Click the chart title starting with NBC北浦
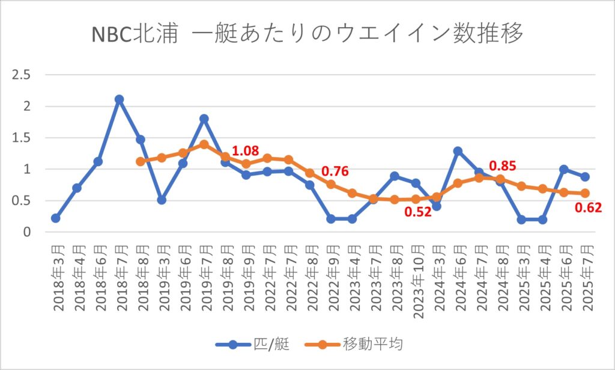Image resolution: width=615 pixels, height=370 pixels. click(307, 34)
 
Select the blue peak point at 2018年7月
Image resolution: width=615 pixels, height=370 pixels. click(119, 99)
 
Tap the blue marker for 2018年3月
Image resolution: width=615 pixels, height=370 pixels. click(55, 218)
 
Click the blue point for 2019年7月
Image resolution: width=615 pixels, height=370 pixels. click(204, 119)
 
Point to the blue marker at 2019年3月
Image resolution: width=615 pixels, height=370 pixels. click(162, 200)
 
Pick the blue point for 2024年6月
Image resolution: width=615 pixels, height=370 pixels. click(458, 151)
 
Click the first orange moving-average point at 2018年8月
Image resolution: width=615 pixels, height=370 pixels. click(141, 161)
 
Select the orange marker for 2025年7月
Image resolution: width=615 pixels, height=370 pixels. click(584, 193)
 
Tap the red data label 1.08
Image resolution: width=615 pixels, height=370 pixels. click(244, 151)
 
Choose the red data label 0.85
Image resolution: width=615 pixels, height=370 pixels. click(503, 165)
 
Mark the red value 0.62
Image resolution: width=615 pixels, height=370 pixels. click(589, 209)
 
